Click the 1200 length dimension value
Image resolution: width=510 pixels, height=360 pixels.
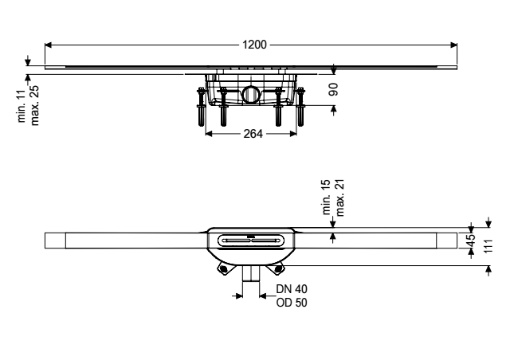coord(254,45)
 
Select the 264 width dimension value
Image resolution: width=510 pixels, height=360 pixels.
coord(253,133)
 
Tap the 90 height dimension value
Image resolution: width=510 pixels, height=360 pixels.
coord(333,89)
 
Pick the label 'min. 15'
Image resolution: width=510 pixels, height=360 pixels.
coord(326,197)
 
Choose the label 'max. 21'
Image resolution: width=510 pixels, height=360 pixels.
coord(339,198)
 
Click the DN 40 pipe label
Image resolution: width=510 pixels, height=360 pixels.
coord(292,289)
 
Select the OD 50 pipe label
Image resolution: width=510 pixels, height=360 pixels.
coord(292,303)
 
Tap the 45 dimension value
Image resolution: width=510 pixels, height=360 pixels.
coord(471,241)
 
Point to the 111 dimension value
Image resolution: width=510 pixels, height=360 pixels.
coord(488,246)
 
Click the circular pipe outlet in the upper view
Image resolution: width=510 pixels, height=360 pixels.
coord(249,94)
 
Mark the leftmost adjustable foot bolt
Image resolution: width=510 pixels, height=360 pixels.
coord(202,107)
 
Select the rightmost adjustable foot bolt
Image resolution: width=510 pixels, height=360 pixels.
coord(300,107)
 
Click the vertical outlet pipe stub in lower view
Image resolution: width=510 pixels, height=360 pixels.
coord(251,273)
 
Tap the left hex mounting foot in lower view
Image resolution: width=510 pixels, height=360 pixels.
coord(223,268)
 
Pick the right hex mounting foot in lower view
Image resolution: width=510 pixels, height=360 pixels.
coord(277,268)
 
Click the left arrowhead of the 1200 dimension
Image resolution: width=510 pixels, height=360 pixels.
coord(49,45)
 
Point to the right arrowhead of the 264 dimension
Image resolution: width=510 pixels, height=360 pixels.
coord(293,134)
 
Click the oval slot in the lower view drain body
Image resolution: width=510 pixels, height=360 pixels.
coord(251,241)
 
